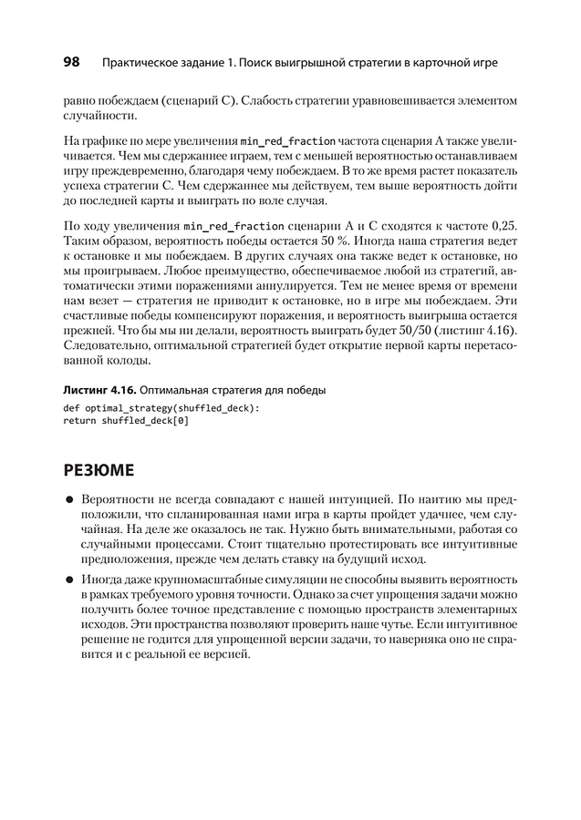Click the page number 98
point(72,63)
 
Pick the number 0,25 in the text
point(498,223)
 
